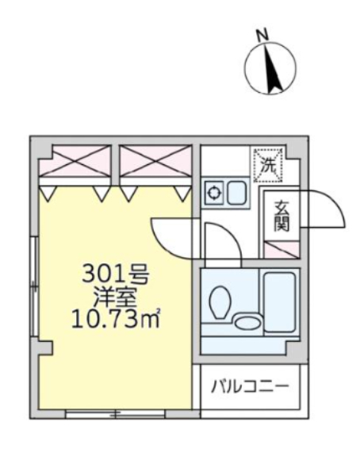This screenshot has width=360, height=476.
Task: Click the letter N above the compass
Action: [263, 34]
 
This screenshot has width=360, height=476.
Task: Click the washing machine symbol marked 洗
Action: [268, 165]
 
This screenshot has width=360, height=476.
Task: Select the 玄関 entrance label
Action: [281, 217]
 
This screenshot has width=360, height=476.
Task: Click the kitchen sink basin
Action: [236, 193]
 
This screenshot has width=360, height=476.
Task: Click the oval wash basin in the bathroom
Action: [247, 322]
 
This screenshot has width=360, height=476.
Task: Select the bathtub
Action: [280, 302]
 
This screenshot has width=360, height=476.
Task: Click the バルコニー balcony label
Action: [250, 387]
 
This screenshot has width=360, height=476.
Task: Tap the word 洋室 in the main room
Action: [116, 297]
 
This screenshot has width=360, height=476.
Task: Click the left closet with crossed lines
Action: [75, 160]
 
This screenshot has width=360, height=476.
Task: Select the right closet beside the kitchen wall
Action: [155, 160]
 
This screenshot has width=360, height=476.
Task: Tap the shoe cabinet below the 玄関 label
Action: [281, 250]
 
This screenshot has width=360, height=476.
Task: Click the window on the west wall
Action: [36, 286]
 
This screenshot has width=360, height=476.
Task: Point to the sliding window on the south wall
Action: [115, 413]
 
